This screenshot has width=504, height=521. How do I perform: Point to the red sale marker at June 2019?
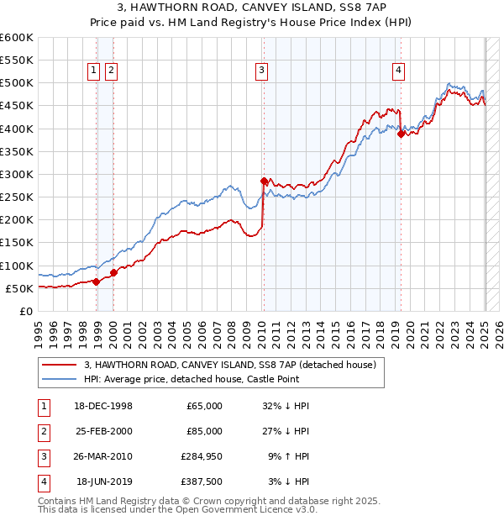(x=401, y=134)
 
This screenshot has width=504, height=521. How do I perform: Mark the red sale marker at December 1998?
(x=97, y=282)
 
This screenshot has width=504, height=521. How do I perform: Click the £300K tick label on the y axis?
(x=17, y=174)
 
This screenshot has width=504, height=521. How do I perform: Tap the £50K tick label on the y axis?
(x=20, y=288)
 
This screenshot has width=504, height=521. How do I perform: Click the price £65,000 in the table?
(x=202, y=406)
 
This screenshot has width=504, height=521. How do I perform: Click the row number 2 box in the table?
(x=41, y=431)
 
